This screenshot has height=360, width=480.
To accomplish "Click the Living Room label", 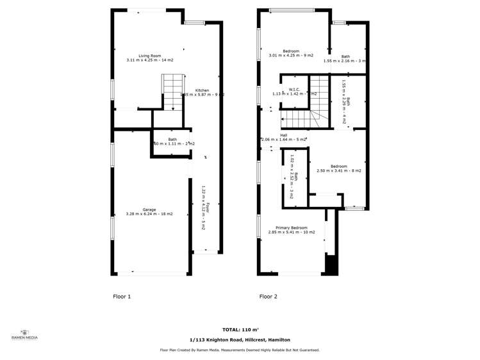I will (150, 55).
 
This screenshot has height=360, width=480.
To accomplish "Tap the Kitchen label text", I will (202, 90).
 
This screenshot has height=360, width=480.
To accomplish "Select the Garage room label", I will (149, 209).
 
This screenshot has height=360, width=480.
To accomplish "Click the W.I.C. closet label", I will (295, 89).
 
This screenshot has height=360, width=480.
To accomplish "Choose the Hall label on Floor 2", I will (283, 135).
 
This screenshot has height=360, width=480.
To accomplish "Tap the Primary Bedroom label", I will (292, 228).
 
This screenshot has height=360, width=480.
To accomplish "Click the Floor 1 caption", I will (122, 297).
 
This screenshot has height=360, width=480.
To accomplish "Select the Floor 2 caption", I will (268, 297).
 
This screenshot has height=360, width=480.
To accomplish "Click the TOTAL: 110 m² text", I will (240, 329).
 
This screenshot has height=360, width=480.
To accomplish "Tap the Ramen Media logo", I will (25, 334).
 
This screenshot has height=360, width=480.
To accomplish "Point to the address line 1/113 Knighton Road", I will (240, 340).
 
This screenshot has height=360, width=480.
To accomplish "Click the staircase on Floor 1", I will (172, 91).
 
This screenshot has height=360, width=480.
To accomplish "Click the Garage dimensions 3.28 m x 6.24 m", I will (149, 214).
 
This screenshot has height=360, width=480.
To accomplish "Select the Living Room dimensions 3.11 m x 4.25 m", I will (150, 60).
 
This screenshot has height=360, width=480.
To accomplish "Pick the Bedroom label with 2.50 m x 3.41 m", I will (338, 167).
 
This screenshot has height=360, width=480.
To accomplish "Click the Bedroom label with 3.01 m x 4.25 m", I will (291, 51).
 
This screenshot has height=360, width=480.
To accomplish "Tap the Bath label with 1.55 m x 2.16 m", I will (345, 56).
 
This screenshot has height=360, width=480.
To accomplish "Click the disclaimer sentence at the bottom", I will (240, 350).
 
